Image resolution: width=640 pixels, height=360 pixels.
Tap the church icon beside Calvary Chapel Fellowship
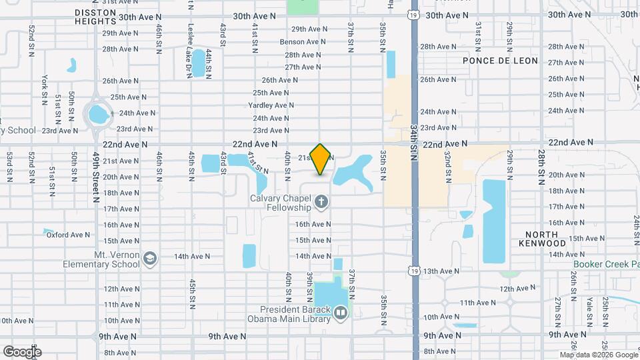point(321,201)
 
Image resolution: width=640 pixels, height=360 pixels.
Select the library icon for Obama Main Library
point(341,312)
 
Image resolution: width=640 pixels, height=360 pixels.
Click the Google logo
point(21,351)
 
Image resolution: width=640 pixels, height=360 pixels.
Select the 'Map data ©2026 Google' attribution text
point(598,354)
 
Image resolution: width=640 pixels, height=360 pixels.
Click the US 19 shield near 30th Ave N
point(414,14)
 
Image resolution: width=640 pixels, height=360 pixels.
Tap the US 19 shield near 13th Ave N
point(414,271)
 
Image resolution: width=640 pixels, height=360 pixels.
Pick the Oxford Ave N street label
point(68,235)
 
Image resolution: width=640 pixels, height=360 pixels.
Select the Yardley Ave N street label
point(271,105)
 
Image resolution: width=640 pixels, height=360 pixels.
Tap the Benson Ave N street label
point(303,41)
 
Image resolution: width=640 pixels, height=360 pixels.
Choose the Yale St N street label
point(589,291)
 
